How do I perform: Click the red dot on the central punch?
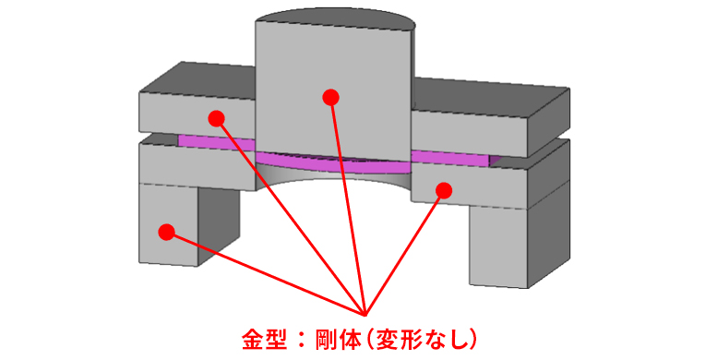coord(330,97)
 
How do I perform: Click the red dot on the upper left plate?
coord(216,118)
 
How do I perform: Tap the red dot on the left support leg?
coord(166,232)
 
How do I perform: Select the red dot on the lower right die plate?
coord(444,190)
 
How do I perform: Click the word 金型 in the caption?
coord(261,338)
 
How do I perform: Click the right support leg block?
coord(503,245)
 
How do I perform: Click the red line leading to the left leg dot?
coord(268,274)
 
